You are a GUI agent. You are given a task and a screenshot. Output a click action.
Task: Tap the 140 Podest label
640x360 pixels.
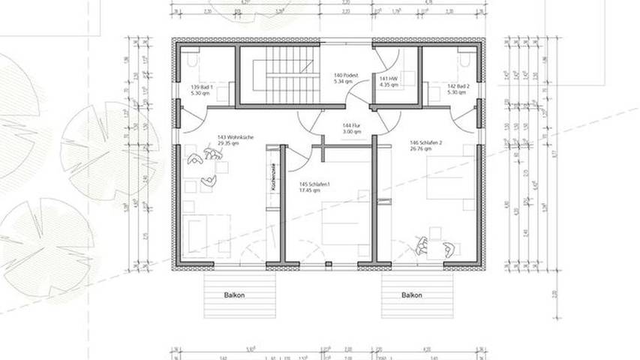pos(347,76)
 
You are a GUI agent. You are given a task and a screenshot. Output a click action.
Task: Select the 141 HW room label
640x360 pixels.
pos(388,79)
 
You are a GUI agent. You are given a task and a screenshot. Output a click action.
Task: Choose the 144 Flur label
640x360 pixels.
pos(351,125)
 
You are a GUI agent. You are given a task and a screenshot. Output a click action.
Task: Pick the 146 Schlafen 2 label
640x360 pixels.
pos(425,142)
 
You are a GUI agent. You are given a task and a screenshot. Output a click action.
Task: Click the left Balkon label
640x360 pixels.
pos(234,295)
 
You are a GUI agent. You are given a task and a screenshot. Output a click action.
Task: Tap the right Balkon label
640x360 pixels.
pos(411,295)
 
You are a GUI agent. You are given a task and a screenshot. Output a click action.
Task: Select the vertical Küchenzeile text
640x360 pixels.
pos(275,180)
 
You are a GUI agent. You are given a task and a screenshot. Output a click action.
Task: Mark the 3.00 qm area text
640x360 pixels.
pos(351,131)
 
